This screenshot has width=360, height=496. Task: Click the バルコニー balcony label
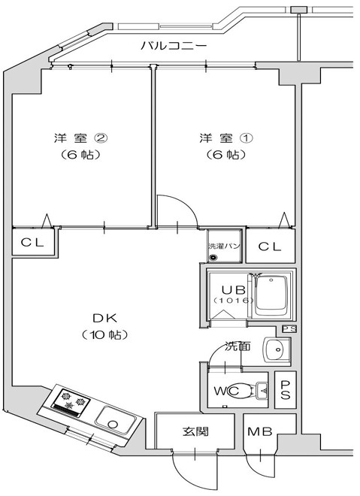[174, 47]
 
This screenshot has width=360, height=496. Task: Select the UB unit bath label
[228, 289]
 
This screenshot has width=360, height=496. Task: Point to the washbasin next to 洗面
[276, 349]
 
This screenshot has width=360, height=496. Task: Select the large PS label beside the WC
[286, 390]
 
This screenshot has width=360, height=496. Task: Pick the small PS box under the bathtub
[289, 328]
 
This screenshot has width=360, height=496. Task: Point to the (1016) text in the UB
[228, 301]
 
